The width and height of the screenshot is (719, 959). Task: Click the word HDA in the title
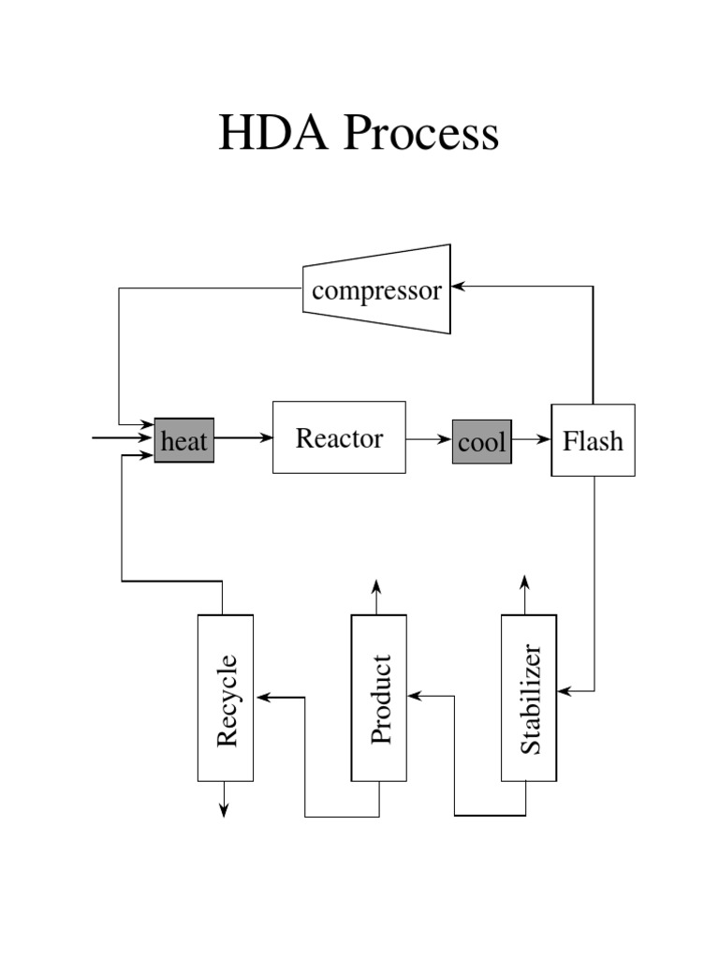(x=275, y=133)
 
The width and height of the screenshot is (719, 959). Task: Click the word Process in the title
(x=420, y=133)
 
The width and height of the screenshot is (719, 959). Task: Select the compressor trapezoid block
(x=376, y=289)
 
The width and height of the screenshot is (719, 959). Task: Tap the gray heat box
(x=184, y=441)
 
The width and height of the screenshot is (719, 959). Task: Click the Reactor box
(x=339, y=437)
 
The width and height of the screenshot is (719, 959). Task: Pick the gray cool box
(x=482, y=442)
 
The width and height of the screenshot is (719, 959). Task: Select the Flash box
(x=593, y=440)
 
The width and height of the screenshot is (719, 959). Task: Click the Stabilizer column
(x=529, y=698)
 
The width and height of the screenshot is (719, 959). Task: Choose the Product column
(x=379, y=698)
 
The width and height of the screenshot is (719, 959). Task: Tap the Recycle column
(x=226, y=698)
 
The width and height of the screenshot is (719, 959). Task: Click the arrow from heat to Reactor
(x=243, y=437)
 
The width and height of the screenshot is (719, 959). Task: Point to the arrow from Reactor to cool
(x=429, y=438)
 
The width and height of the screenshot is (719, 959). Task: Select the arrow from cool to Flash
(x=532, y=438)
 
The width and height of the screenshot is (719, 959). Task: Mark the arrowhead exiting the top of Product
(x=376, y=586)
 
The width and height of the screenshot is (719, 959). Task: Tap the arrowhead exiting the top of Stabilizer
(x=525, y=586)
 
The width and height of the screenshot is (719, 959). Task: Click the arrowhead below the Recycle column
(x=224, y=810)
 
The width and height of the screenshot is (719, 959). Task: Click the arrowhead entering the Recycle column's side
(x=262, y=697)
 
